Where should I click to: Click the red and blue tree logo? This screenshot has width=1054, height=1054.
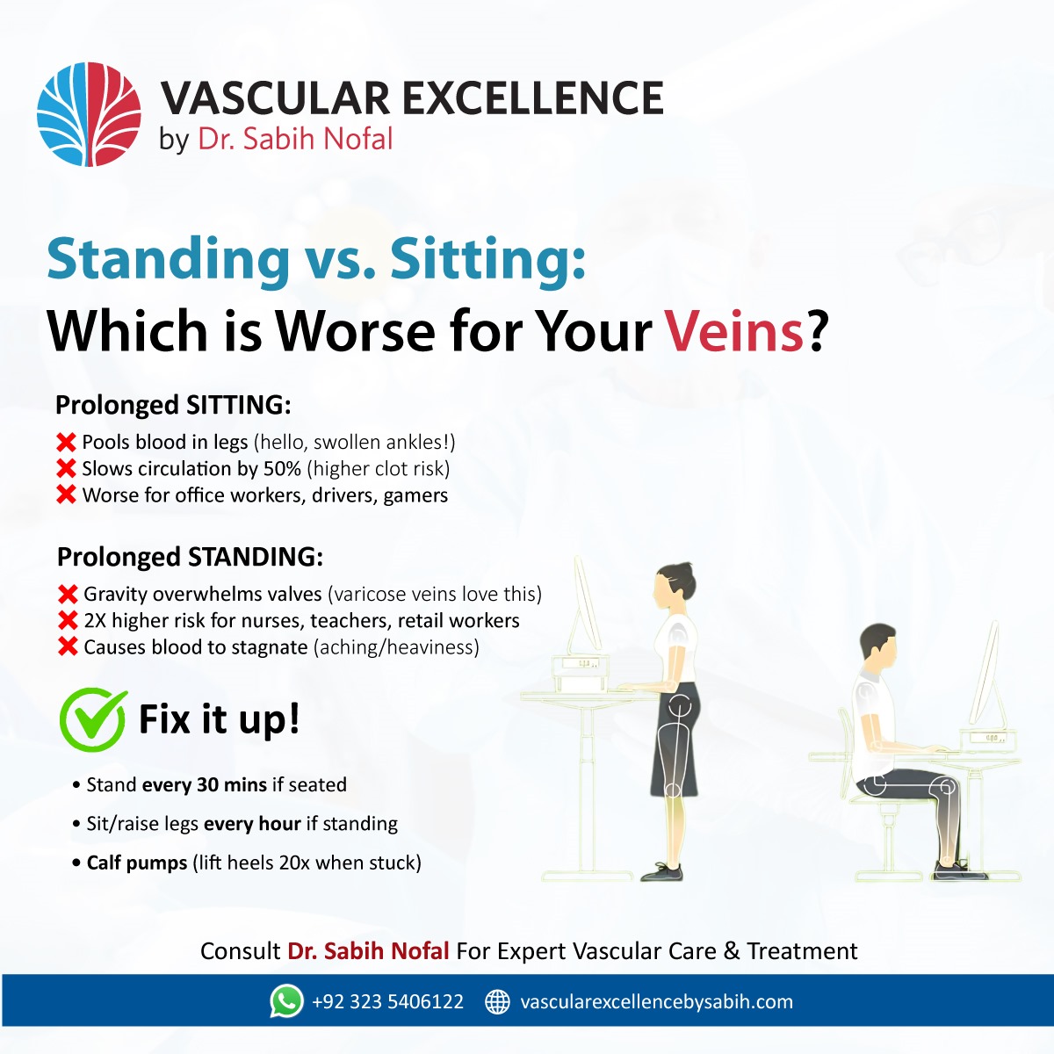coord(89,114)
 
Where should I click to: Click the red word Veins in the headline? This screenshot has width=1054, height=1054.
coord(733,332)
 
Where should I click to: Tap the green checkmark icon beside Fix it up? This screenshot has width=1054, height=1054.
coord(92,719)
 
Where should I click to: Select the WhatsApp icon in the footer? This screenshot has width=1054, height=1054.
coord(286,1001)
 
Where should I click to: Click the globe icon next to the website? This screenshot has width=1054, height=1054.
coord(497,1001)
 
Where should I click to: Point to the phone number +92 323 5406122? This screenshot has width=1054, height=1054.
coord(387,1002)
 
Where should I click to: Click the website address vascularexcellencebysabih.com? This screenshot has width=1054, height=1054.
coord(656,1002)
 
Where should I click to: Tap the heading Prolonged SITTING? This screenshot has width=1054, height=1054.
coord(172,405)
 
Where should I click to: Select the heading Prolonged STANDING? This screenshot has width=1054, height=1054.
coord(190,557)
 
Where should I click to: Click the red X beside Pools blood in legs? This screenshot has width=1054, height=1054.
coord(66,442)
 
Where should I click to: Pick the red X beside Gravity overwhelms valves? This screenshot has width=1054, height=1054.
coord(68,595)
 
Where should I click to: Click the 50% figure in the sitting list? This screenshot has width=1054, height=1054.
coord(282,469)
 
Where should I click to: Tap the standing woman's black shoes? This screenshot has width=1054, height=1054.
coord(663,871)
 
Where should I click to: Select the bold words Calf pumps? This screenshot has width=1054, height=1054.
coord(136,863)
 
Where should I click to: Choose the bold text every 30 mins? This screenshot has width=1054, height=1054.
coord(204,784)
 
